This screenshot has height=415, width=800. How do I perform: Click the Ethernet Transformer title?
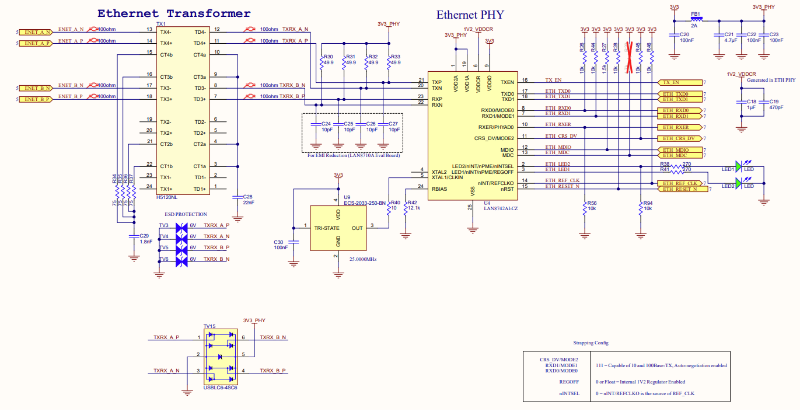click(174, 13)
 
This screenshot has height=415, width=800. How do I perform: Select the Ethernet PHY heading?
click(470, 15)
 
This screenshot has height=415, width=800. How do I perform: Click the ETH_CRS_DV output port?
click(679, 138)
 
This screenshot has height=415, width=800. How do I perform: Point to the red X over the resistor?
click(629, 57)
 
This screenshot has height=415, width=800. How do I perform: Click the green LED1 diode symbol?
click(738, 167)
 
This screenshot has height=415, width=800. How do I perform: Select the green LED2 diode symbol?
click(738, 184)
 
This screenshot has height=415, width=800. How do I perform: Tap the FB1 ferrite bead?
click(696, 19)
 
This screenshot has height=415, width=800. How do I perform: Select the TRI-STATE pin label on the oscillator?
click(327, 228)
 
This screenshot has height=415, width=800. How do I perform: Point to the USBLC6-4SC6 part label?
click(221, 387)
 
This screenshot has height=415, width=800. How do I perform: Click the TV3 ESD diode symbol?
click(181, 226)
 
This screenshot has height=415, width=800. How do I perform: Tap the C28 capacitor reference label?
click(247, 197)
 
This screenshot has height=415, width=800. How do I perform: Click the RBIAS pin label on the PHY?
click(439, 189)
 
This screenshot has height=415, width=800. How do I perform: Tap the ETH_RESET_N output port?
click(679, 189)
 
